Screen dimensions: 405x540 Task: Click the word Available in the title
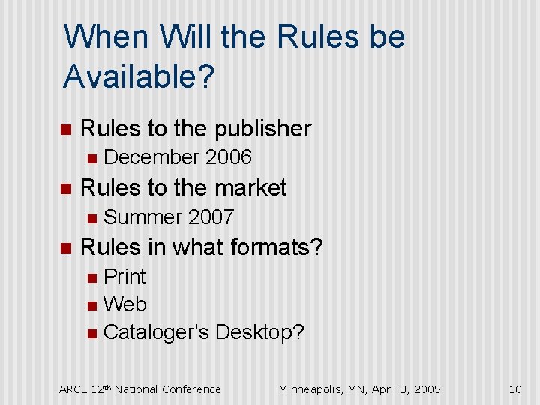[129, 75]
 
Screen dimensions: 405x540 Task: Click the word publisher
[263, 129]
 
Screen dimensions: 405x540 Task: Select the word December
[151, 157]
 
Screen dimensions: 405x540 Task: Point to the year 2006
[228, 157]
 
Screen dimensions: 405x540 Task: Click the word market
[249, 187]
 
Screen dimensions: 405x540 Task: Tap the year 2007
[211, 217]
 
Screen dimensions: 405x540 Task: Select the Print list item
[124, 277]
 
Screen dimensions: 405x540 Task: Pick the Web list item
[125, 304]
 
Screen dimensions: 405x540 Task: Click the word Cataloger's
[156, 332]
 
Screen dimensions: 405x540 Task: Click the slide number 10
[514, 388]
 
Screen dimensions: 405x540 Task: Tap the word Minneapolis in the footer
[312, 388]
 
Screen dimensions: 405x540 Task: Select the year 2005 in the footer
[427, 388]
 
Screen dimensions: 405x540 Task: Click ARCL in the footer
[73, 388]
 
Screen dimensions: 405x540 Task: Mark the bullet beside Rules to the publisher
[65, 129]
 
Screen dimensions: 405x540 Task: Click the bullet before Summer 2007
[91, 218]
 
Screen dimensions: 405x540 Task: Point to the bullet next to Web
[91, 305]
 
